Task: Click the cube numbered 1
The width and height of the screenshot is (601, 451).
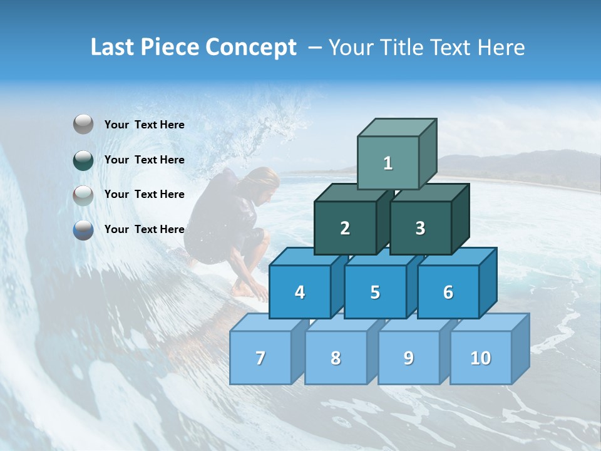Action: pyautogui.click(x=388, y=163)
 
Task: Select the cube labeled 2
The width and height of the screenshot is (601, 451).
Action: pyautogui.click(x=345, y=228)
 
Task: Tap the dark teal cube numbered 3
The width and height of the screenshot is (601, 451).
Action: pyautogui.click(x=420, y=228)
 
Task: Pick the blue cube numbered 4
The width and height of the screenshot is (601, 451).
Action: pyautogui.click(x=300, y=292)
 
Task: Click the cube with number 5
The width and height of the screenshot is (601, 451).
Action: pyautogui.click(x=375, y=292)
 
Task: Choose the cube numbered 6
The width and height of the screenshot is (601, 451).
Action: pyautogui.click(x=448, y=292)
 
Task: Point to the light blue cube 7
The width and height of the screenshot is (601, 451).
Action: pyautogui.click(x=260, y=358)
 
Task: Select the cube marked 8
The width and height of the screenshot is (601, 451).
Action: pyautogui.click(x=336, y=358)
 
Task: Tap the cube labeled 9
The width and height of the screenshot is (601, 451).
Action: pyautogui.click(x=408, y=358)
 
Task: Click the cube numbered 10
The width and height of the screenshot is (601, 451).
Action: pyautogui.click(x=480, y=358)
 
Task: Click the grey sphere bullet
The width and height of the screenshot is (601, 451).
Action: pyautogui.click(x=83, y=125)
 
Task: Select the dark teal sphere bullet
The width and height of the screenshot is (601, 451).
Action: pyautogui.click(x=83, y=160)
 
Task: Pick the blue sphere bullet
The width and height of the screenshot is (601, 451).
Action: pyautogui.click(x=83, y=229)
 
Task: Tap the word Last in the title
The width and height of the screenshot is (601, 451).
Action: pyautogui.click(x=113, y=48)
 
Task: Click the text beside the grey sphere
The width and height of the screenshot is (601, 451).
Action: pyautogui.click(x=144, y=125)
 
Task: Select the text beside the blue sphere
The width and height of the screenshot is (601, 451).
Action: pyautogui.click(x=144, y=229)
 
